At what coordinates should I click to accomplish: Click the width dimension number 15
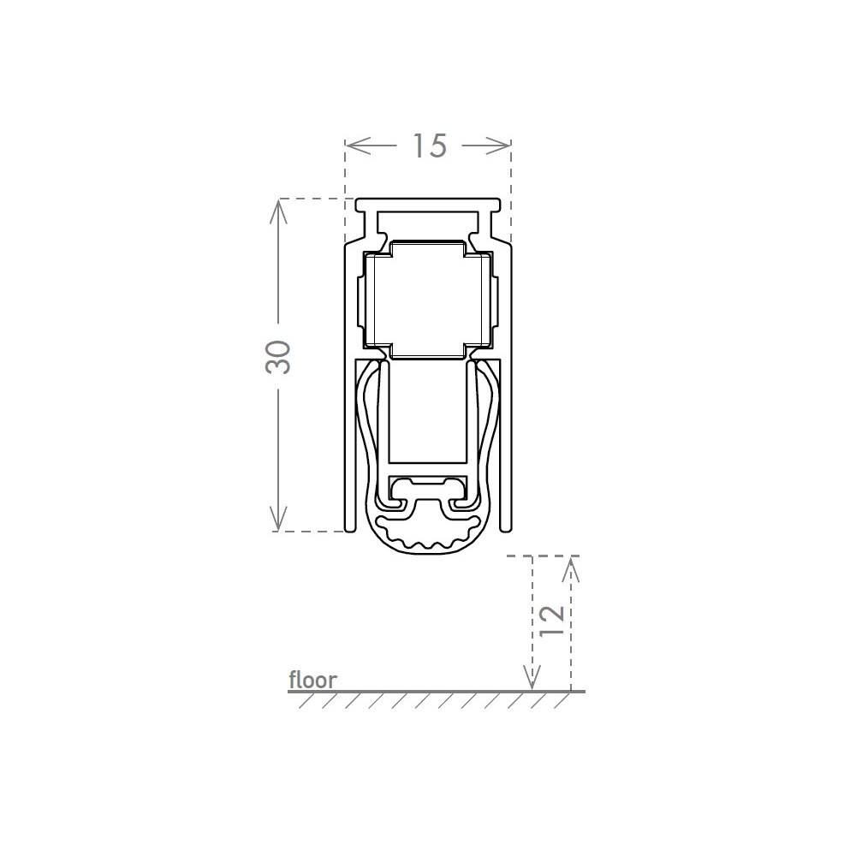pyautogui.click(x=430, y=146)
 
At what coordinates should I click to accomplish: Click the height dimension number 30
pyautogui.click(x=278, y=357)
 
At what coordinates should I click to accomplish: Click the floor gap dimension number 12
pyautogui.click(x=551, y=620)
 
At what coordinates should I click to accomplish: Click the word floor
pyautogui.click(x=312, y=680)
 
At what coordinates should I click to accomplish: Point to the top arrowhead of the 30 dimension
pyautogui.click(x=278, y=210)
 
